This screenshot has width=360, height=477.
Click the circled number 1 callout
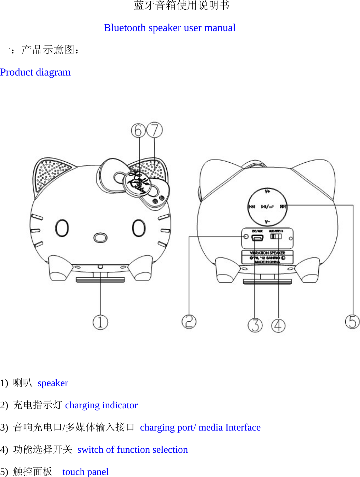(100, 322)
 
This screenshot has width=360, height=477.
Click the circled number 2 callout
(189, 322)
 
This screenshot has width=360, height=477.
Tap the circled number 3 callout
(255, 325)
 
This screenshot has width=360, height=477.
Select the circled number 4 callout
(278, 325)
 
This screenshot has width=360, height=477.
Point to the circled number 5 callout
(352, 322)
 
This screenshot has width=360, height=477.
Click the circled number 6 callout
(138, 130)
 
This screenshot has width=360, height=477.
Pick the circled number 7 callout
(155, 130)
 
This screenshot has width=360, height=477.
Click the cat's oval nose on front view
(100, 237)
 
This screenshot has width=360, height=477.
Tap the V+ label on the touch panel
(267, 191)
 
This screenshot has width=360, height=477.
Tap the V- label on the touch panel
(267, 222)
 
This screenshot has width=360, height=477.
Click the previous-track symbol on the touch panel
(252, 207)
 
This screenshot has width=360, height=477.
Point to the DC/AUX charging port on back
(258, 237)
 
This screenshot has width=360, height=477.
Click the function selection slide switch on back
(276, 236)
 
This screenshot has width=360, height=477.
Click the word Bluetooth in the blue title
(125, 28)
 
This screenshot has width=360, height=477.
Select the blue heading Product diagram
(36, 72)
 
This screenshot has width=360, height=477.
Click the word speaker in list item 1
(53, 383)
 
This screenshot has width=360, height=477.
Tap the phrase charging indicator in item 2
(101, 405)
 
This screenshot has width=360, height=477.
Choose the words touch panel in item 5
(85, 472)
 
